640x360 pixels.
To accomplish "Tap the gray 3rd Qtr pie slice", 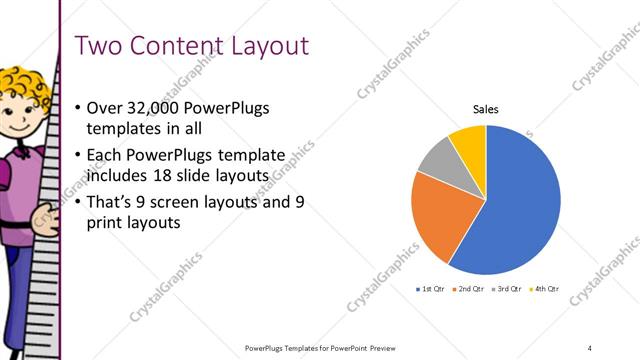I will [437, 160].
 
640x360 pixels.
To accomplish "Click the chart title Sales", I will [485, 109].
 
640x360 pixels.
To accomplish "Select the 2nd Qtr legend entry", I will [470, 289].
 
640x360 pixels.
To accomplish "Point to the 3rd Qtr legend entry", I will [506, 289].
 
